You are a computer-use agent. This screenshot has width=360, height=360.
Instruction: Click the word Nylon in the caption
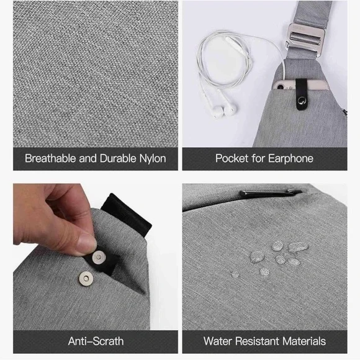point(153,159)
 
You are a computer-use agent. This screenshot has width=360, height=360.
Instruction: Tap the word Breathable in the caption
point(50,158)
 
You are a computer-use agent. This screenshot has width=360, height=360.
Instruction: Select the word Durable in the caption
point(118,158)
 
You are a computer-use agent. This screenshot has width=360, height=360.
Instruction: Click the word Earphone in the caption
point(290,159)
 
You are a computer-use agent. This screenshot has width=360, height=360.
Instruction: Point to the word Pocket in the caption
point(232,158)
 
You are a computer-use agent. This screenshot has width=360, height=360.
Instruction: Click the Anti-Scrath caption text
point(96,341)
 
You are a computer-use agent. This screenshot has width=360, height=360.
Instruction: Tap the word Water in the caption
point(217,341)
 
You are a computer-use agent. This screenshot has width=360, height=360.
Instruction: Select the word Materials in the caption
point(304,341)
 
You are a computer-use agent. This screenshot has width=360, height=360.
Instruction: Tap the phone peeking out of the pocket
point(299,84)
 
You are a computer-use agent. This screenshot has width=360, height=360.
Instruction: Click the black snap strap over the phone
point(302,94)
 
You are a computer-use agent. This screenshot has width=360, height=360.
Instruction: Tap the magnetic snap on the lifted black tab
point(99,257)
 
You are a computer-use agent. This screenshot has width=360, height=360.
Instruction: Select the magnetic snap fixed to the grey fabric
point(86,279)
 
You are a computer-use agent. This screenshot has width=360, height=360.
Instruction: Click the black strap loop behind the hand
point(127,215)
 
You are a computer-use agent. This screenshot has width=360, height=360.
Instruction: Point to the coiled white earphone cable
point(224,60)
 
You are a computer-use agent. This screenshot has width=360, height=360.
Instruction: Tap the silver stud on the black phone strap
point(302,101)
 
